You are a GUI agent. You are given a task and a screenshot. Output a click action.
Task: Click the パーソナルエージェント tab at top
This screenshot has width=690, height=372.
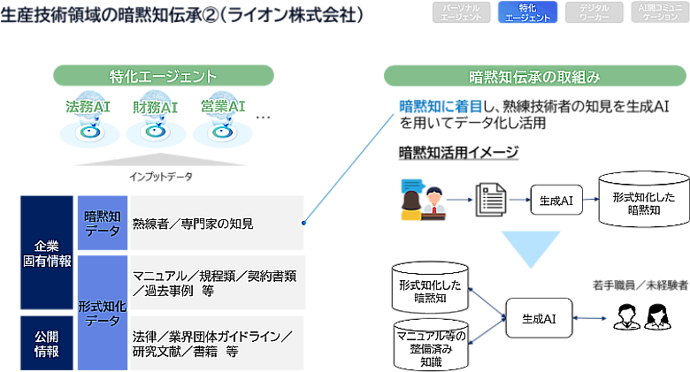460,11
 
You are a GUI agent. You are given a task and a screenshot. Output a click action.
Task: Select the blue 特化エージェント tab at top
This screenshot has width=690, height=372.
528,11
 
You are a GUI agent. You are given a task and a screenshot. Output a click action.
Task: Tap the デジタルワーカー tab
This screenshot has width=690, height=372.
594,11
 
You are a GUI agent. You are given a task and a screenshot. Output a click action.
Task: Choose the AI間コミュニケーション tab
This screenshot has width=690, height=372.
659,11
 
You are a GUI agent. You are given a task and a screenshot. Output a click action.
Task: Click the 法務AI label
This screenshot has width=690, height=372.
87,108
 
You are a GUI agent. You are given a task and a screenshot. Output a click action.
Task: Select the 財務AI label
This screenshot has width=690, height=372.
156,108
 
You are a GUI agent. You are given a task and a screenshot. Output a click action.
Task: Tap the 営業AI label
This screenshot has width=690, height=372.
222,108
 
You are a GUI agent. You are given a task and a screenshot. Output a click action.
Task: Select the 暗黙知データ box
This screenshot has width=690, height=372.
103,223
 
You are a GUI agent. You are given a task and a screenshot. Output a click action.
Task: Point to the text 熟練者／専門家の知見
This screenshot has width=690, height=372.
193,224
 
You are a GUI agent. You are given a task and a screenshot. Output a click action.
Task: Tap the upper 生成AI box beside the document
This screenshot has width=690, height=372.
556,201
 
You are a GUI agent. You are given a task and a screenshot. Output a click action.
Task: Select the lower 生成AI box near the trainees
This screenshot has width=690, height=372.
538,317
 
